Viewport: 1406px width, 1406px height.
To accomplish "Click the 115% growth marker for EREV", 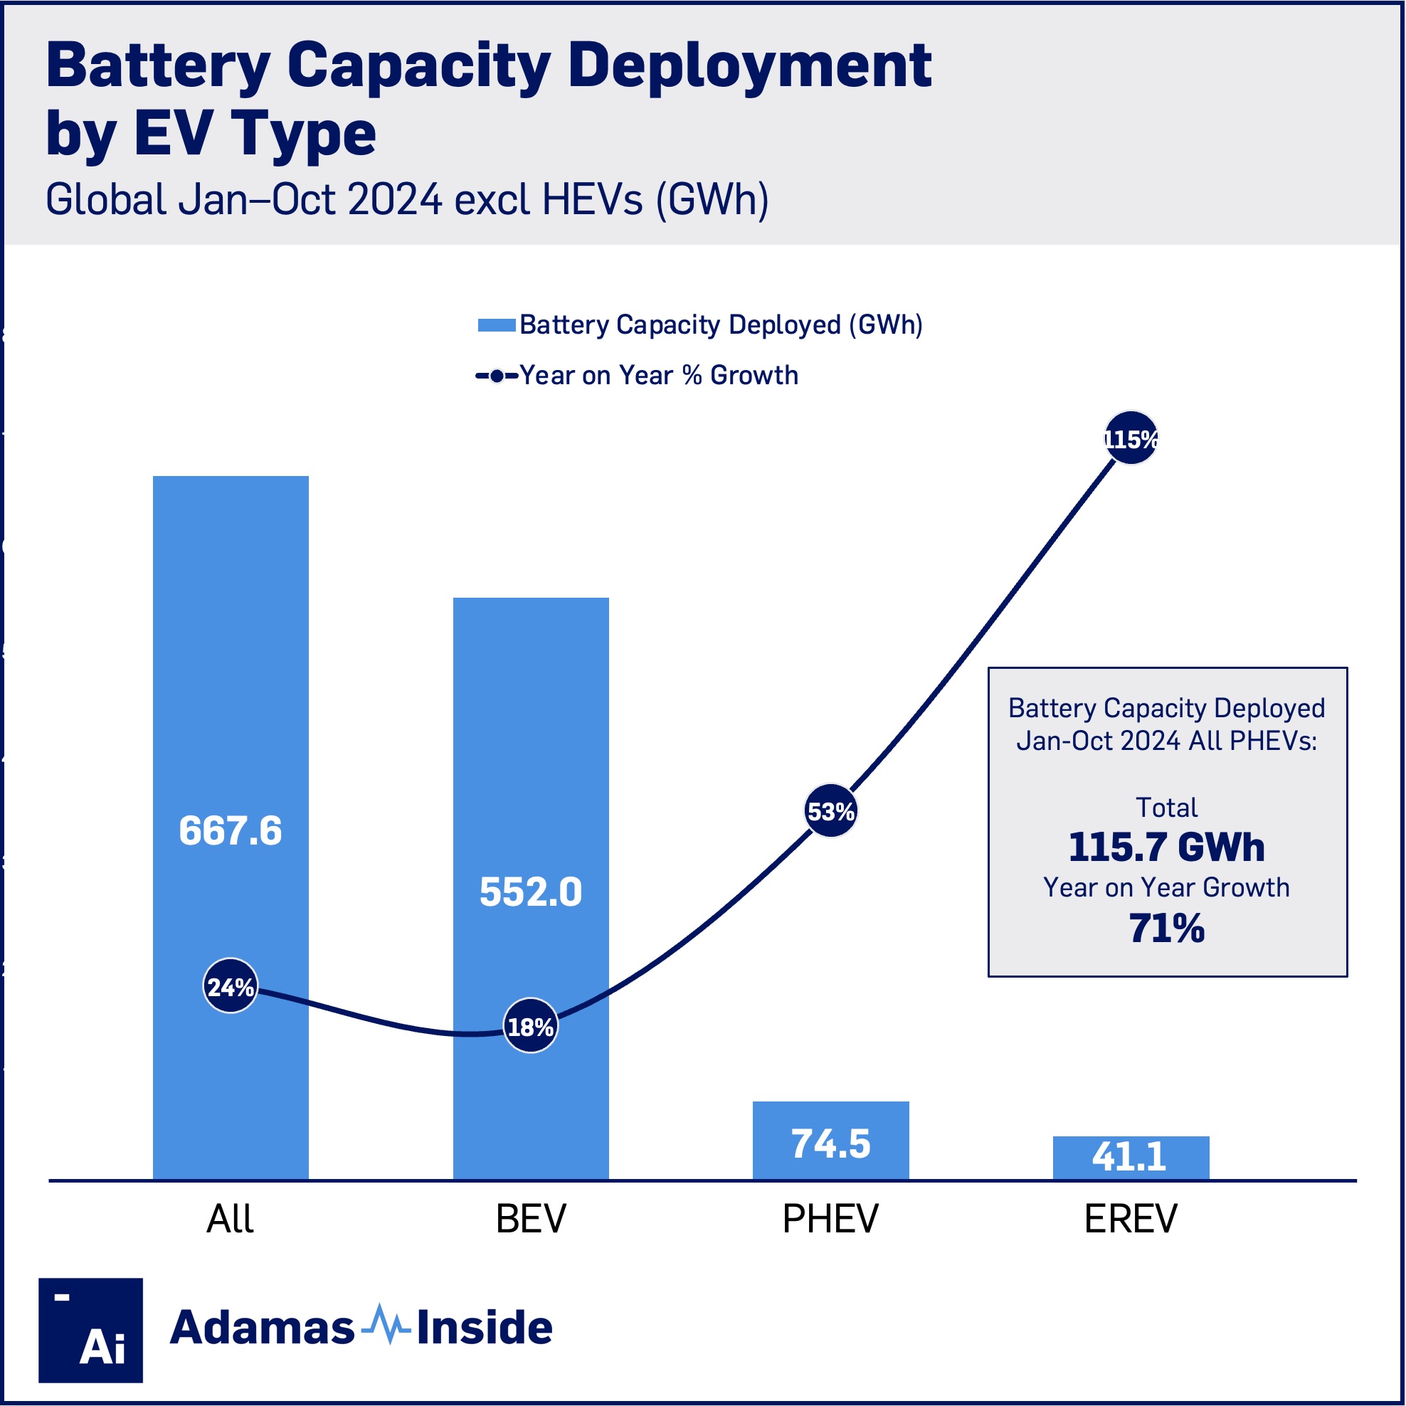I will pyautogui.click(x=1130, y=438).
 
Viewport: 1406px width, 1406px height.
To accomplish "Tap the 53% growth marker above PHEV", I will pyautogui.click(x=830, y=810).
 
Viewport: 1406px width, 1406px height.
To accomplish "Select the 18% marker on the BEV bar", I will pyautogui.click(x=531, y=1026).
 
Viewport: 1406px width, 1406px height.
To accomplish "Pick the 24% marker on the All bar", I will pyautogui.click(x=230, y=986).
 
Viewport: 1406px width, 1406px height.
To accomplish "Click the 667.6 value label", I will pyautogui.click(x=230, y=831).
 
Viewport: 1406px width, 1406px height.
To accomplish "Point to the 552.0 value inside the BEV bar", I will pyautogui.click(x=531, y=892).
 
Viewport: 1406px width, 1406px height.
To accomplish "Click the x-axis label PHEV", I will pyautogui.click(x=830, y=1219).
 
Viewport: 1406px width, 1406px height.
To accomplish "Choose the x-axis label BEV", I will pyautogui.click(x=531, y=1219).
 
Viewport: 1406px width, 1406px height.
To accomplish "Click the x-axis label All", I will pyautogui.click(x=230, y=1219).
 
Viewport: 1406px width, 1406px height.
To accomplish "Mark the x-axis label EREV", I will pyautogui.click(x=1130, y=1219).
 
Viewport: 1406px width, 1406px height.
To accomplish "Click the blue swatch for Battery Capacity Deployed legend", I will pyautogui.click(x=497, y=324).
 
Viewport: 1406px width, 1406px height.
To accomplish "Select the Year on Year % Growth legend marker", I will pyautogui.click(x=497, y=376).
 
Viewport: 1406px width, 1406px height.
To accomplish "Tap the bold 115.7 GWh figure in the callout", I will pyautogui.click(x=1167, y=848).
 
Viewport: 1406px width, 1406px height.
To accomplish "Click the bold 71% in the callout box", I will pyautogui.click(x=1167, y=929).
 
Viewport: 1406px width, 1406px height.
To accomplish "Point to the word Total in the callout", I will pyautogui.click(x=1167, y=808).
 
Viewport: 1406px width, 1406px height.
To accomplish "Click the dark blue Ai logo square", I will pyautogui.click(x=90, y=1331).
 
